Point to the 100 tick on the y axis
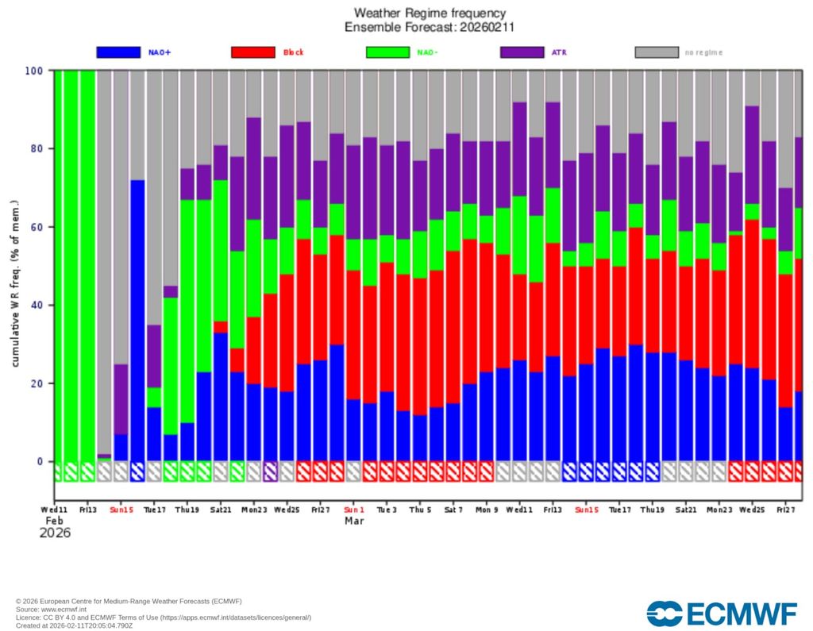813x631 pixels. (33, 71)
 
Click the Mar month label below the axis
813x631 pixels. (354, 521)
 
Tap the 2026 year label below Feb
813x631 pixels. (55, 533)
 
